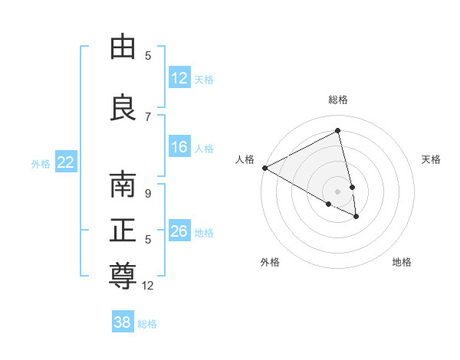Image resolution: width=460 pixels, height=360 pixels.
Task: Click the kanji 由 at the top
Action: point(123,47)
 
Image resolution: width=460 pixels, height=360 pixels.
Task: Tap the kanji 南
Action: point(123,185)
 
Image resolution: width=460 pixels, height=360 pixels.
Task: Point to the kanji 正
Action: point(123,231)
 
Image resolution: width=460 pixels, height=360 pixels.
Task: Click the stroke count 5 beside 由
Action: point(148,56)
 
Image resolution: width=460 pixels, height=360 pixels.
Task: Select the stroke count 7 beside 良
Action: point(148,117)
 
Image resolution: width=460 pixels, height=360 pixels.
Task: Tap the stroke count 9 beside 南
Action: point(148,194)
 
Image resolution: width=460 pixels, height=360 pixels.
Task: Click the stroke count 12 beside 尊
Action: point(148,286)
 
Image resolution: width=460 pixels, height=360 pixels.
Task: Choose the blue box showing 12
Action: point(179,78)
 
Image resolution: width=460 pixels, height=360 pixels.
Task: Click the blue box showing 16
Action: point(179,147)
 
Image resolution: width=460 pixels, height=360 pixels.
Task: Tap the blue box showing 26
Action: point(179,231)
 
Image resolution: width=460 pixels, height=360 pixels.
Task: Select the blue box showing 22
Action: point(66,162)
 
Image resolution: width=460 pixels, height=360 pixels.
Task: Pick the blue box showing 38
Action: point(122,323)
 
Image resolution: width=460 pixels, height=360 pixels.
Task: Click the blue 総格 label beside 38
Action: point(147,324)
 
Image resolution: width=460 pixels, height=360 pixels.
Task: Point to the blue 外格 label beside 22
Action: point(41,163)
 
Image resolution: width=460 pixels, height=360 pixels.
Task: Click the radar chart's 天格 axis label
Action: point(432,159)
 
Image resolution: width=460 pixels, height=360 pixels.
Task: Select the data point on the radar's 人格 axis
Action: point(264,168)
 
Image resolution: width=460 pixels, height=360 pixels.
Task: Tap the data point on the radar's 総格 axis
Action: point(338,130)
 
